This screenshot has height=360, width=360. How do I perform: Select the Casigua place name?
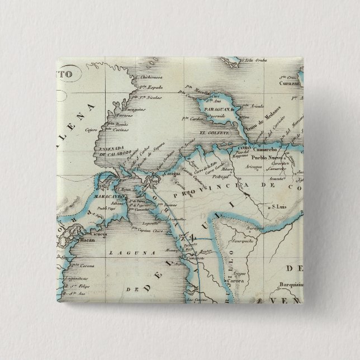pyautogui.click(x=171, y=174)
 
